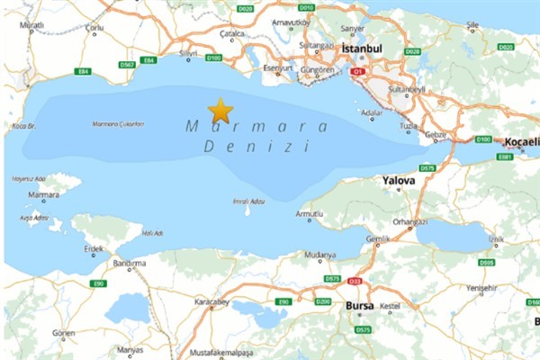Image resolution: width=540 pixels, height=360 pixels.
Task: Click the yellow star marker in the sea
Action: pos(220,112)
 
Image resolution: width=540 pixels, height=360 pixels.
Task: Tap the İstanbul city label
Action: pos(364,47)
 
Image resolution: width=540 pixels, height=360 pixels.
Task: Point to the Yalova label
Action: pos(399,181)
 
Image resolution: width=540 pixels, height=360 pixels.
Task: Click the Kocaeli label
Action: pos(521,142)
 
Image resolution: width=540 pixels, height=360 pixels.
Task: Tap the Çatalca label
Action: pos(232,33)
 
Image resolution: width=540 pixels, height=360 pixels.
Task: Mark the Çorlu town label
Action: pos(94,28)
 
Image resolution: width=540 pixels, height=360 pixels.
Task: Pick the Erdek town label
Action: pos(94,248)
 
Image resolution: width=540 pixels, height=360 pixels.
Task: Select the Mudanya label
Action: pos(318,255)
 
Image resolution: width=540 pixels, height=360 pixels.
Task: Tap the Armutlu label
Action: pos(309,214)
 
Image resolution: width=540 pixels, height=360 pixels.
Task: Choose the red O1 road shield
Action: pos(358,70)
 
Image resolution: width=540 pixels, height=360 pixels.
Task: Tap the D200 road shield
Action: pos(323,301)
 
